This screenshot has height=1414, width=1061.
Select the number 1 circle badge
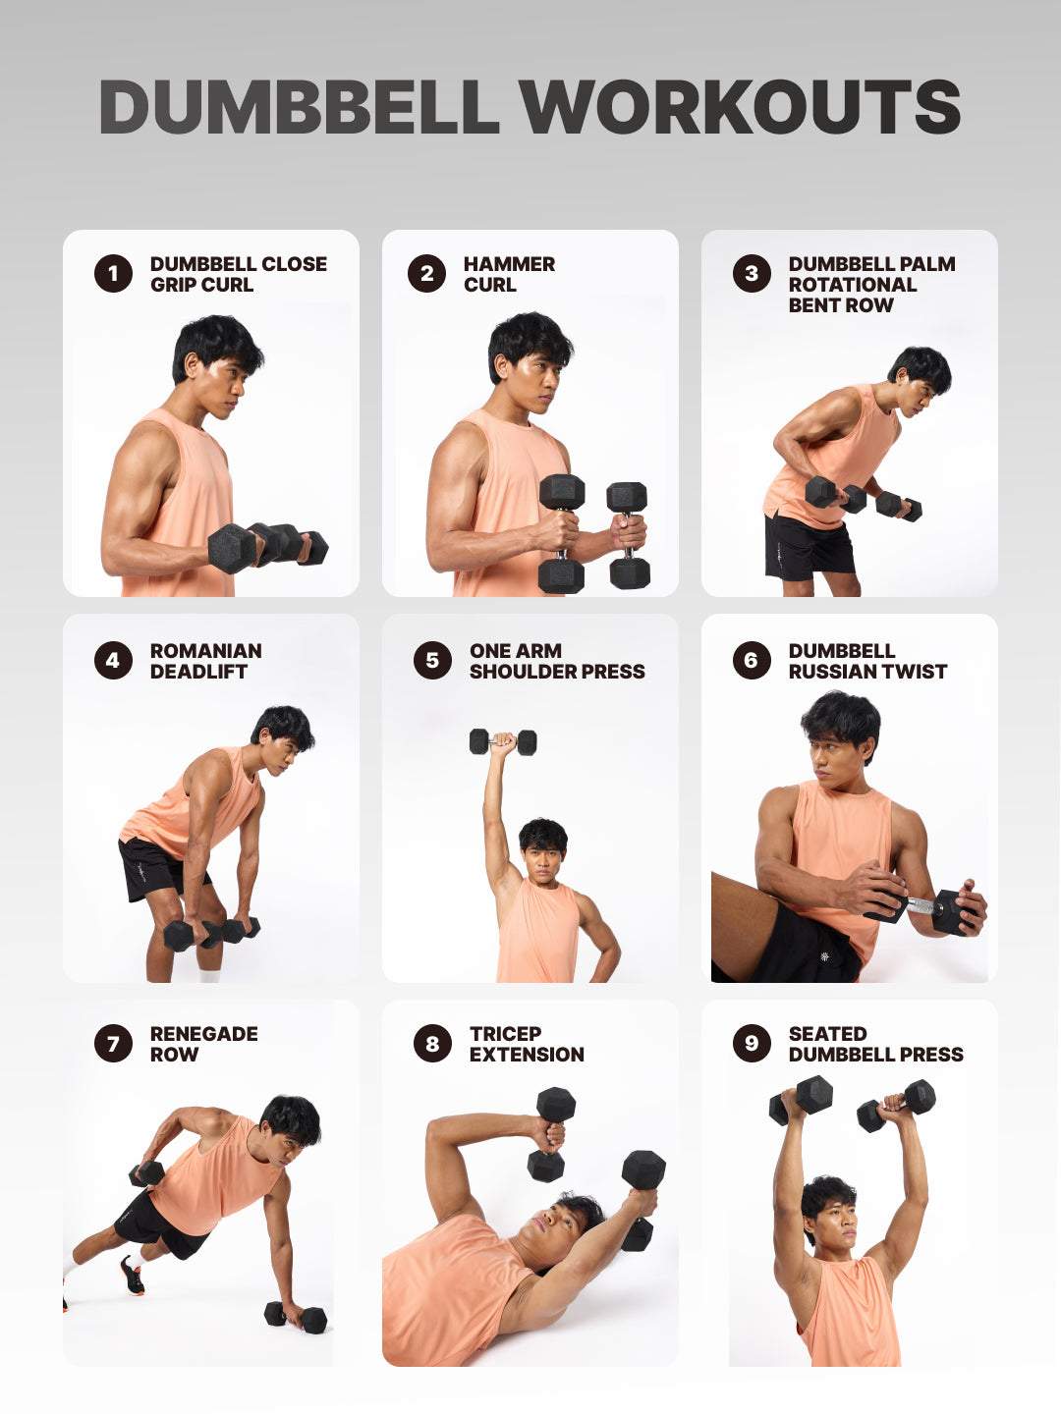(113, 274)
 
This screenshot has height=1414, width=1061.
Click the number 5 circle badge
(432, 661)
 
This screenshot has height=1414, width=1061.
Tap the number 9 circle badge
(752, 1043)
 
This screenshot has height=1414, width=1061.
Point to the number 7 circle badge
(113, 1043)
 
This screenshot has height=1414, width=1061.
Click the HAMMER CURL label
(508, 274)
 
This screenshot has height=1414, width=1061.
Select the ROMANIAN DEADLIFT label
(205, 661)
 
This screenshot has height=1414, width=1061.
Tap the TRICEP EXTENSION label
(526, 1044)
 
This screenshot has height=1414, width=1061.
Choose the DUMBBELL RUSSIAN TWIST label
(866, 661)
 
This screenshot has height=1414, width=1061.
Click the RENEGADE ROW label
(203, 1044)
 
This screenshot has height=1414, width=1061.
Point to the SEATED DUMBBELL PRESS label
(874, 1044)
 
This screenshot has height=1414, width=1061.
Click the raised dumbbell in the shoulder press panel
(503, 741)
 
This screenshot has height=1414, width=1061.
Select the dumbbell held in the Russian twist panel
(928, 907)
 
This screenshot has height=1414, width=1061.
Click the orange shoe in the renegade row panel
(132, 1276)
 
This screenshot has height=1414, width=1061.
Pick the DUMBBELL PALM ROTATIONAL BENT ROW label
(870, 285)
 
